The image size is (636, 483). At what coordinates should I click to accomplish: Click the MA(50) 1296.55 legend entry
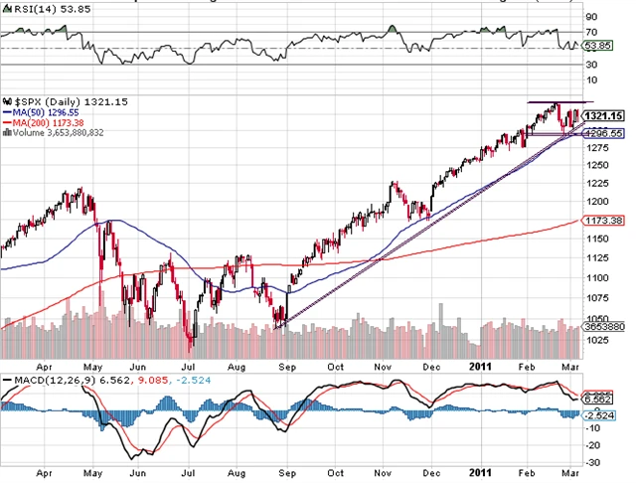[41, 113]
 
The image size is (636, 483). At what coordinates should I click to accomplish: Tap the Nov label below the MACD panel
[382, 470]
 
